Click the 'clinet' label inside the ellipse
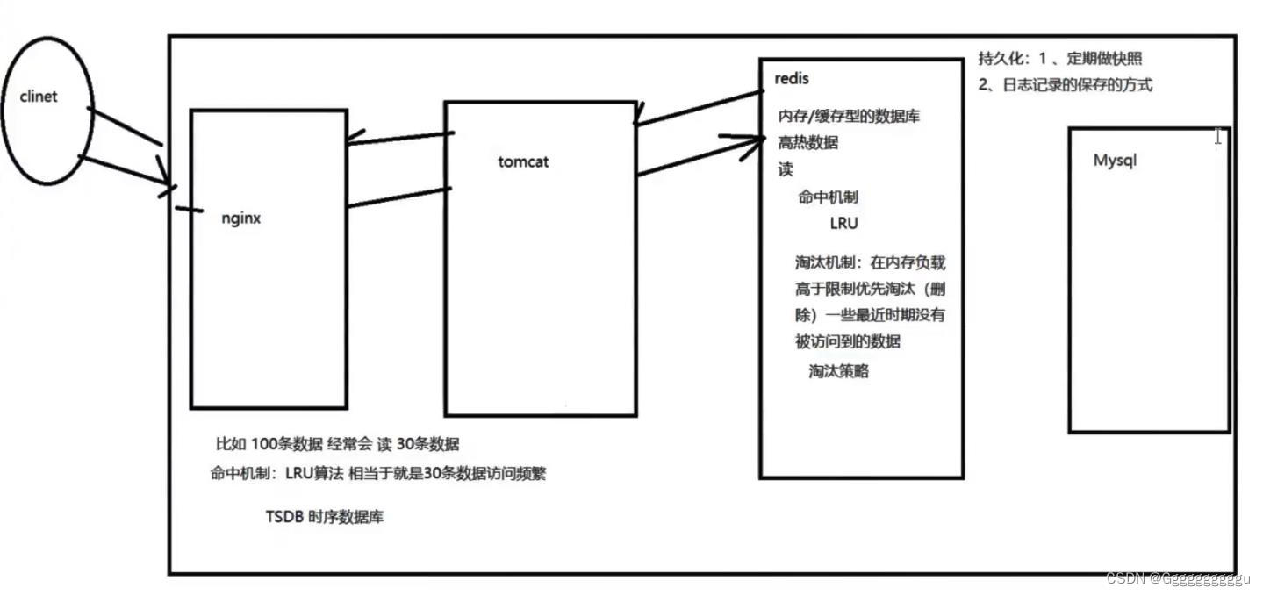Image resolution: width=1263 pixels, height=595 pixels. click(x=38, y=97)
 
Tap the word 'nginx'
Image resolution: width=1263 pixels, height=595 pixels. click(x=241, y=219)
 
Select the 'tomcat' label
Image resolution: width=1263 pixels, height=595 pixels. click(x=523, y=161)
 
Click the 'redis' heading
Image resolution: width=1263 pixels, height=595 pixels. click(x=792, y=79)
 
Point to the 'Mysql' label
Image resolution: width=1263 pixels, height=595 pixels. click(x=1115, y=161)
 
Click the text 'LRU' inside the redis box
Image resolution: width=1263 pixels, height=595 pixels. click(x=843, y=224)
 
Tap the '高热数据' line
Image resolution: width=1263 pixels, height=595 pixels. click(x=807, y=143)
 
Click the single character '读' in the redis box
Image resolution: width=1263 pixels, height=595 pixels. click(x=786, y=169)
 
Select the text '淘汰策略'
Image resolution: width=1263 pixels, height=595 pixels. click(x=838, y=371)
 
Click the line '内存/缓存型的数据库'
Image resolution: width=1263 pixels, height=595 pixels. click(x=849, y=116)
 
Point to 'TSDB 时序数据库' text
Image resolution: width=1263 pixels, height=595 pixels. click(x=324, y=517)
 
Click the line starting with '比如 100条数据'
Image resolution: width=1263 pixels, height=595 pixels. click(x=337, y=444)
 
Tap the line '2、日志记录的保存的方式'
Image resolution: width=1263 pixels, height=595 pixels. click(x=1066, y=85)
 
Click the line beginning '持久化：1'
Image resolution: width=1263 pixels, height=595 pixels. click(x=1060, y=59)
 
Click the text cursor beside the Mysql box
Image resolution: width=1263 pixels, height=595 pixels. click(x=1218, y=136)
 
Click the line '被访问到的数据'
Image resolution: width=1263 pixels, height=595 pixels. click(x=848, y=341)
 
